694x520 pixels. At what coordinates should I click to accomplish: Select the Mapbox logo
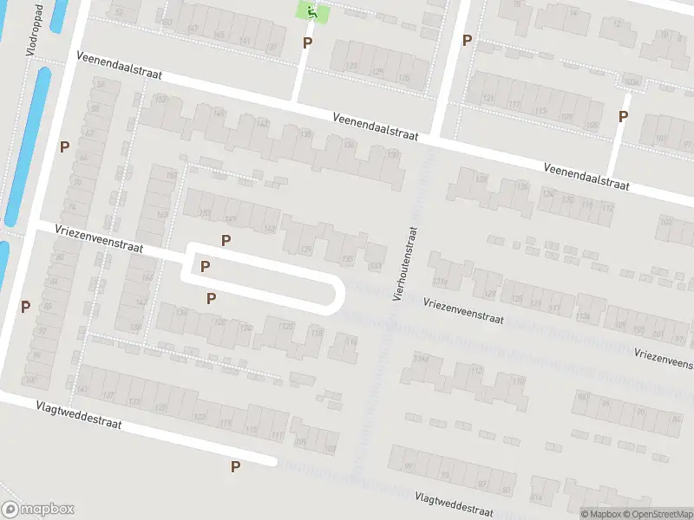point(38,510)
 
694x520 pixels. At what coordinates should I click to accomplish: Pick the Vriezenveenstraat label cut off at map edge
point(665,358)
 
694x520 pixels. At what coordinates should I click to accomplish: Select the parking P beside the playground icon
point(306,42)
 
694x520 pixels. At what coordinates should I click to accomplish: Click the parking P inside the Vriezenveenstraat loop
point(205,266)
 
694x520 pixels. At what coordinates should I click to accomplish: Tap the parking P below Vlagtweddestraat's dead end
point(235,466)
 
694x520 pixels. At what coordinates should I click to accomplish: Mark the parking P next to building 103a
point(623,117)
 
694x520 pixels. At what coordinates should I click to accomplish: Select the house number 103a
point(632,83)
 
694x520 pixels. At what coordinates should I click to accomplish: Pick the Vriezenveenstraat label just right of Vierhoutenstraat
point(464,310)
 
